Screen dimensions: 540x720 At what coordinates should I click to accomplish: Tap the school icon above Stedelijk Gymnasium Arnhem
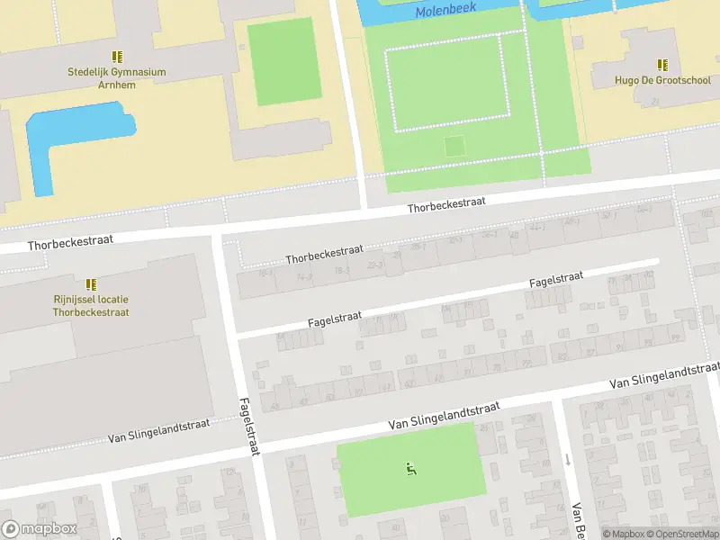[117, 57]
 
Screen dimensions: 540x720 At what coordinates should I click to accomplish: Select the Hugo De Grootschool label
[662, 80]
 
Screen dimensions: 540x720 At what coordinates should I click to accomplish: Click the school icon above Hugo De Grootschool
[662, 64]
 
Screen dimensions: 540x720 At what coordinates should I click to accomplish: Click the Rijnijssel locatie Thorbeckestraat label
[91, 306]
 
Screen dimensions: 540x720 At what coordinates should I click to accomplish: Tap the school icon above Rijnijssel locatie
[91, 284]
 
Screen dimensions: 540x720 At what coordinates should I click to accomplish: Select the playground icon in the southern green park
[410, 467]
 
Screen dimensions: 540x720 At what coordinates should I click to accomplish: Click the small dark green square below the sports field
[455, 145]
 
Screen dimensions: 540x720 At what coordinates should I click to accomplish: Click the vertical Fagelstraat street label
[248, 427]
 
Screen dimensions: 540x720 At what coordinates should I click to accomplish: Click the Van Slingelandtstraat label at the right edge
[664, 376]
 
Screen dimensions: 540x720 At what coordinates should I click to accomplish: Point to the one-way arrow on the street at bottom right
[567, 460]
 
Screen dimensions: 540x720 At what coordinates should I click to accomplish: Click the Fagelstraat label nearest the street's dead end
[556, 280]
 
